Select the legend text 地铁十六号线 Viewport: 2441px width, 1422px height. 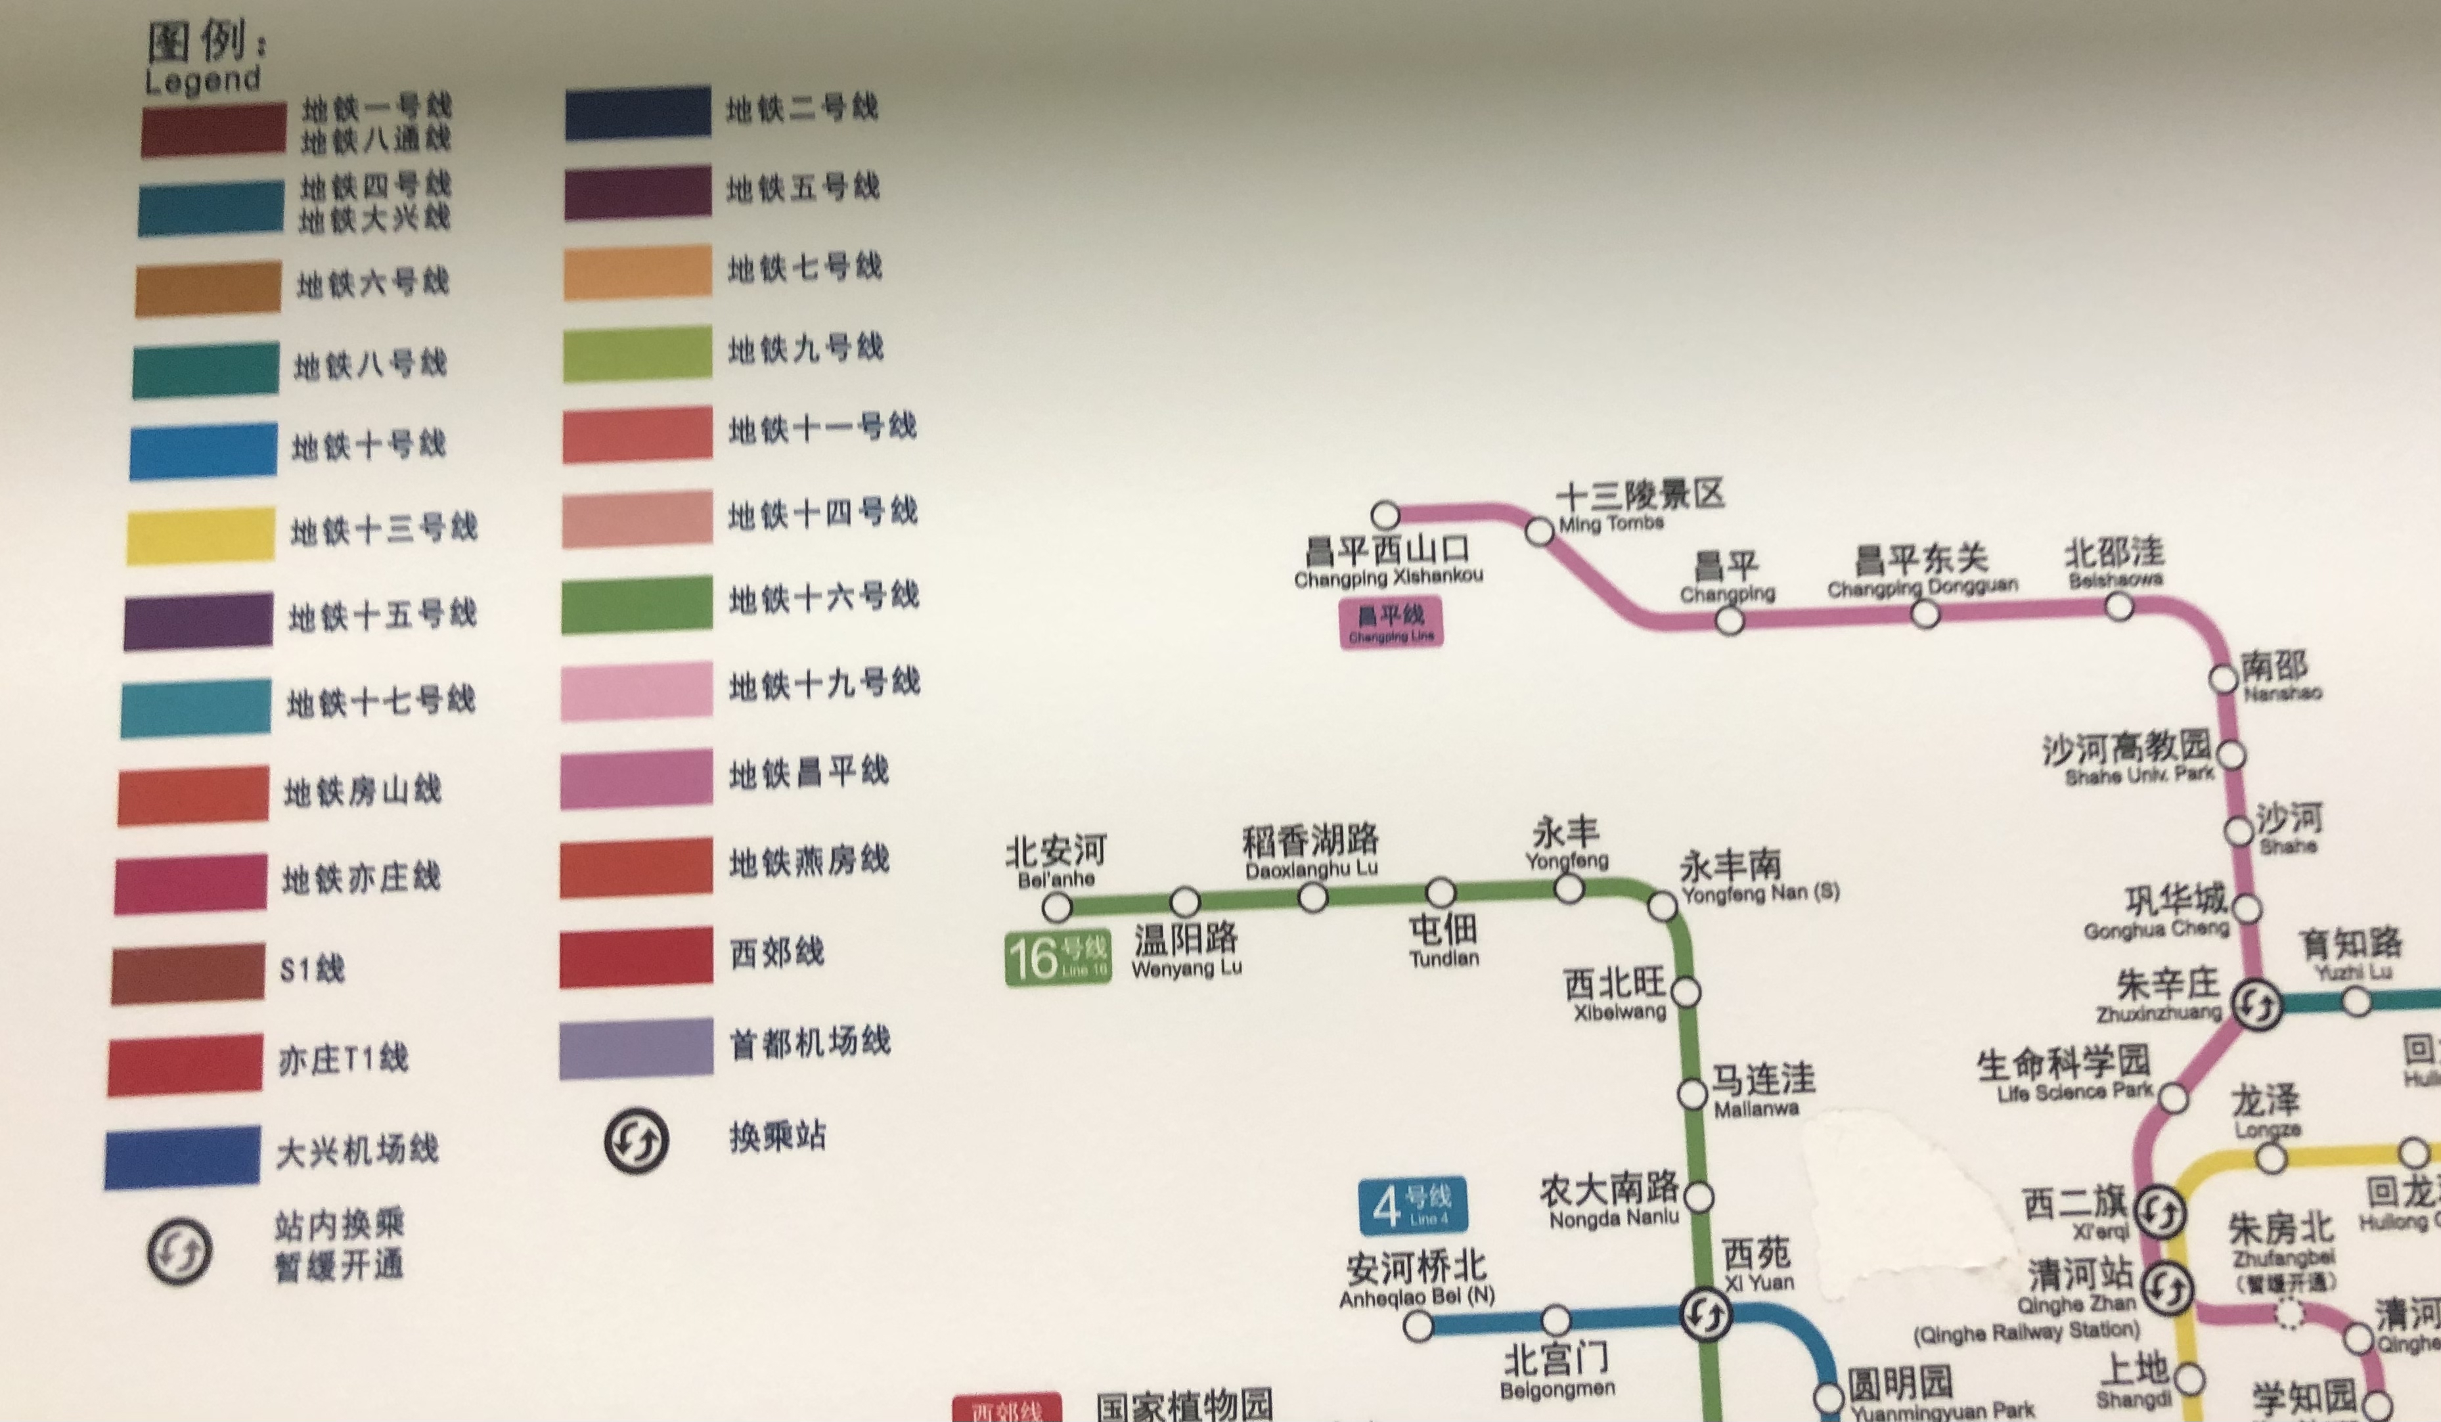pos(823,596)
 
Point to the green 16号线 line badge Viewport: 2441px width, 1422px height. pos(1057,958)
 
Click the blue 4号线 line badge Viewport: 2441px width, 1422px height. pos(1412,1206)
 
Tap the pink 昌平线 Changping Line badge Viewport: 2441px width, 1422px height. pos(1391,622)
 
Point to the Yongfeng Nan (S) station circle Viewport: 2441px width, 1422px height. pos(1662,906)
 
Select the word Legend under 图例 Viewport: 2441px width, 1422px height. pos(202,80)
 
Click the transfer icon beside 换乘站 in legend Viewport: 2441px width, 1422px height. pos(637,1140)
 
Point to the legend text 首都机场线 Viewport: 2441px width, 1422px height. pos(809,1043)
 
